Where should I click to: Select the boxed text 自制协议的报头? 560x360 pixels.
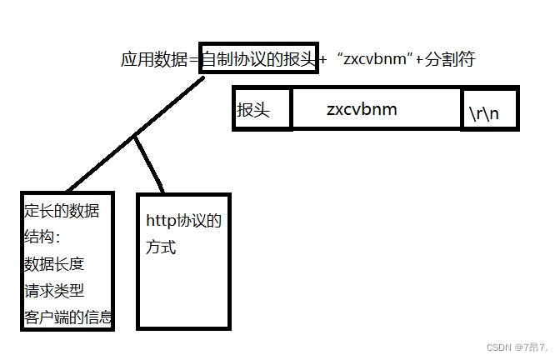(258, 59)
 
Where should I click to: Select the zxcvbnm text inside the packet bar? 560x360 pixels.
(362, 109)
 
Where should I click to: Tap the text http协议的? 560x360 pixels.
(183, 221)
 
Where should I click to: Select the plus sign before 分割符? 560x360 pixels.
(420, 59)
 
